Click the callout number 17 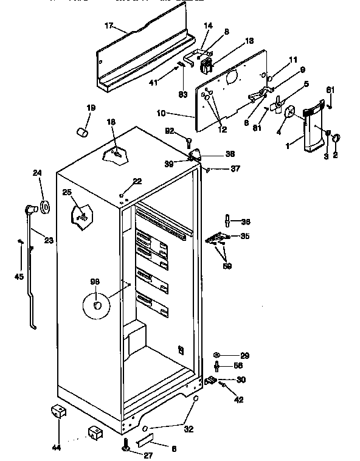coord(109,27)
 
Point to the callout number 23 coord(49,241)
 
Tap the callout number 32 coord(189,429)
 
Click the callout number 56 coord(238,366)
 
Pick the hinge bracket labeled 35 coord(218,238)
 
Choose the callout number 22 coord(137,182)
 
